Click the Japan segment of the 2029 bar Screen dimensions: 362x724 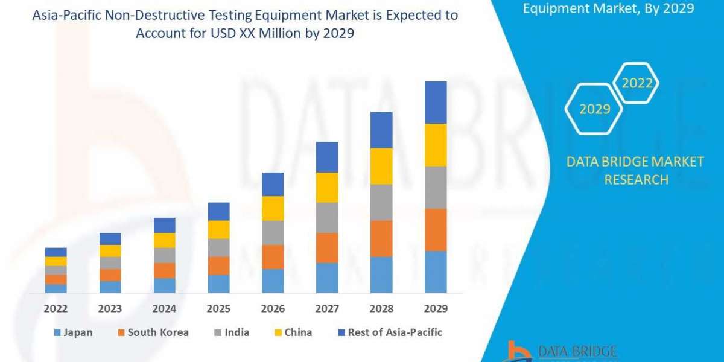click(x=436, y=271)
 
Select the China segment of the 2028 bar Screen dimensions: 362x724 click(x=381, y=166)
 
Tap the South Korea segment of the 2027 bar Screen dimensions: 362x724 click(x=327, y=247)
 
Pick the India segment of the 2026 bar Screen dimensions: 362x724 click(x=273, y=232)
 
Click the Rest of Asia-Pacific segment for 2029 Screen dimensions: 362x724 click(x=436, y=103)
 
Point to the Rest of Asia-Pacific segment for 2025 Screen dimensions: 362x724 click(x=218, y=211)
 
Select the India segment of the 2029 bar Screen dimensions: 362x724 click(x=436, y=187)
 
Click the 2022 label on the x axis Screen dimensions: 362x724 click(x=56, y=308)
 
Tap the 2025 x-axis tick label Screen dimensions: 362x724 click(x=218, y=308)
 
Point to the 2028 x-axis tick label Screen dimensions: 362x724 click(x=381, y=308)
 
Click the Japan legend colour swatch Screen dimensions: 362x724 click(x=57, y=332)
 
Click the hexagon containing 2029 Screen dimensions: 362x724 click(x=594, y=109)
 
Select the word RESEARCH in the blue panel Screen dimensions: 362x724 click(x=636, y=179)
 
